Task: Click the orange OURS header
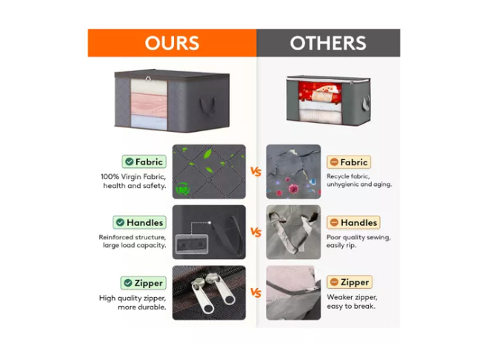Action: click(172, 43)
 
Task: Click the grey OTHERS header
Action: click(328, 43)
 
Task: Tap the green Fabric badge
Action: click(144, 161)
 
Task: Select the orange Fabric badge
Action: click(349, 162)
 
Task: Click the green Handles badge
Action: click(139, 222)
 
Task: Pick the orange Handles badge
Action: click(353, 222)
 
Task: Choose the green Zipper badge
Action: click(143, 283)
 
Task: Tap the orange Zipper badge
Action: click(350, 282)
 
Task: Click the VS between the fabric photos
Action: click(256, 172)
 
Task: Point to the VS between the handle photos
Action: click(256, 233)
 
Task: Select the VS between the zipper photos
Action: click(256, 293)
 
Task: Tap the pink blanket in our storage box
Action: click(149, 105)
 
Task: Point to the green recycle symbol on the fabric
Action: click(182, 189)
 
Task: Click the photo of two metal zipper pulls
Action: click(209, 293)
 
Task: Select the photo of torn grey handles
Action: click(293, 232)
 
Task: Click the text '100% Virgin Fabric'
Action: click(133, 177)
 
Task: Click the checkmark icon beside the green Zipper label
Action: click(128, 283)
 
